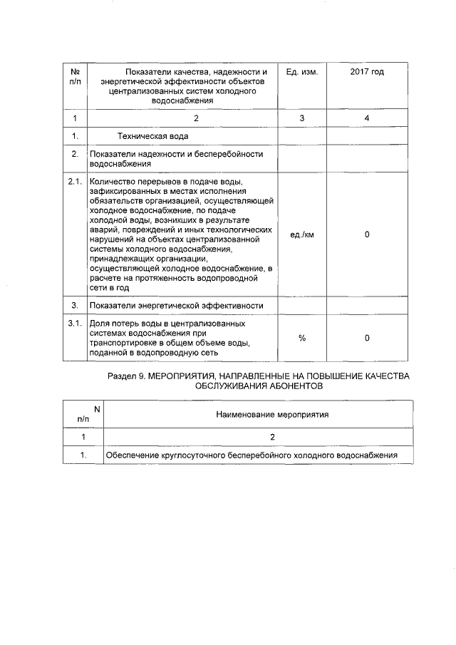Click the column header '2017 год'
(367, 72)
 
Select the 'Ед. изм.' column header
(301, 72)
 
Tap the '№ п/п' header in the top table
(75, 77)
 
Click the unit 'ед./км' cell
(301, 234)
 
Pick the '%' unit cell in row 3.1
(301, 338)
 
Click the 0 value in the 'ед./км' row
(367, 234)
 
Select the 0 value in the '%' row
(367, 338)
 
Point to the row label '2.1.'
(75, 182)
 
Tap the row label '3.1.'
(75, 324)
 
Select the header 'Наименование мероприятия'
(258, 413)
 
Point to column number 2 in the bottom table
(258, 436)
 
